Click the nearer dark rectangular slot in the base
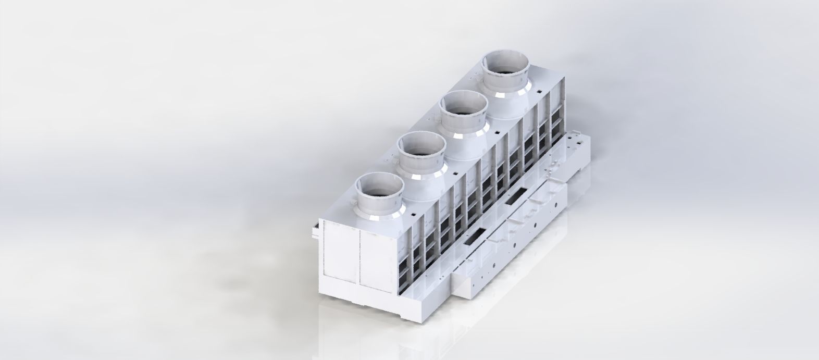point(475,236)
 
